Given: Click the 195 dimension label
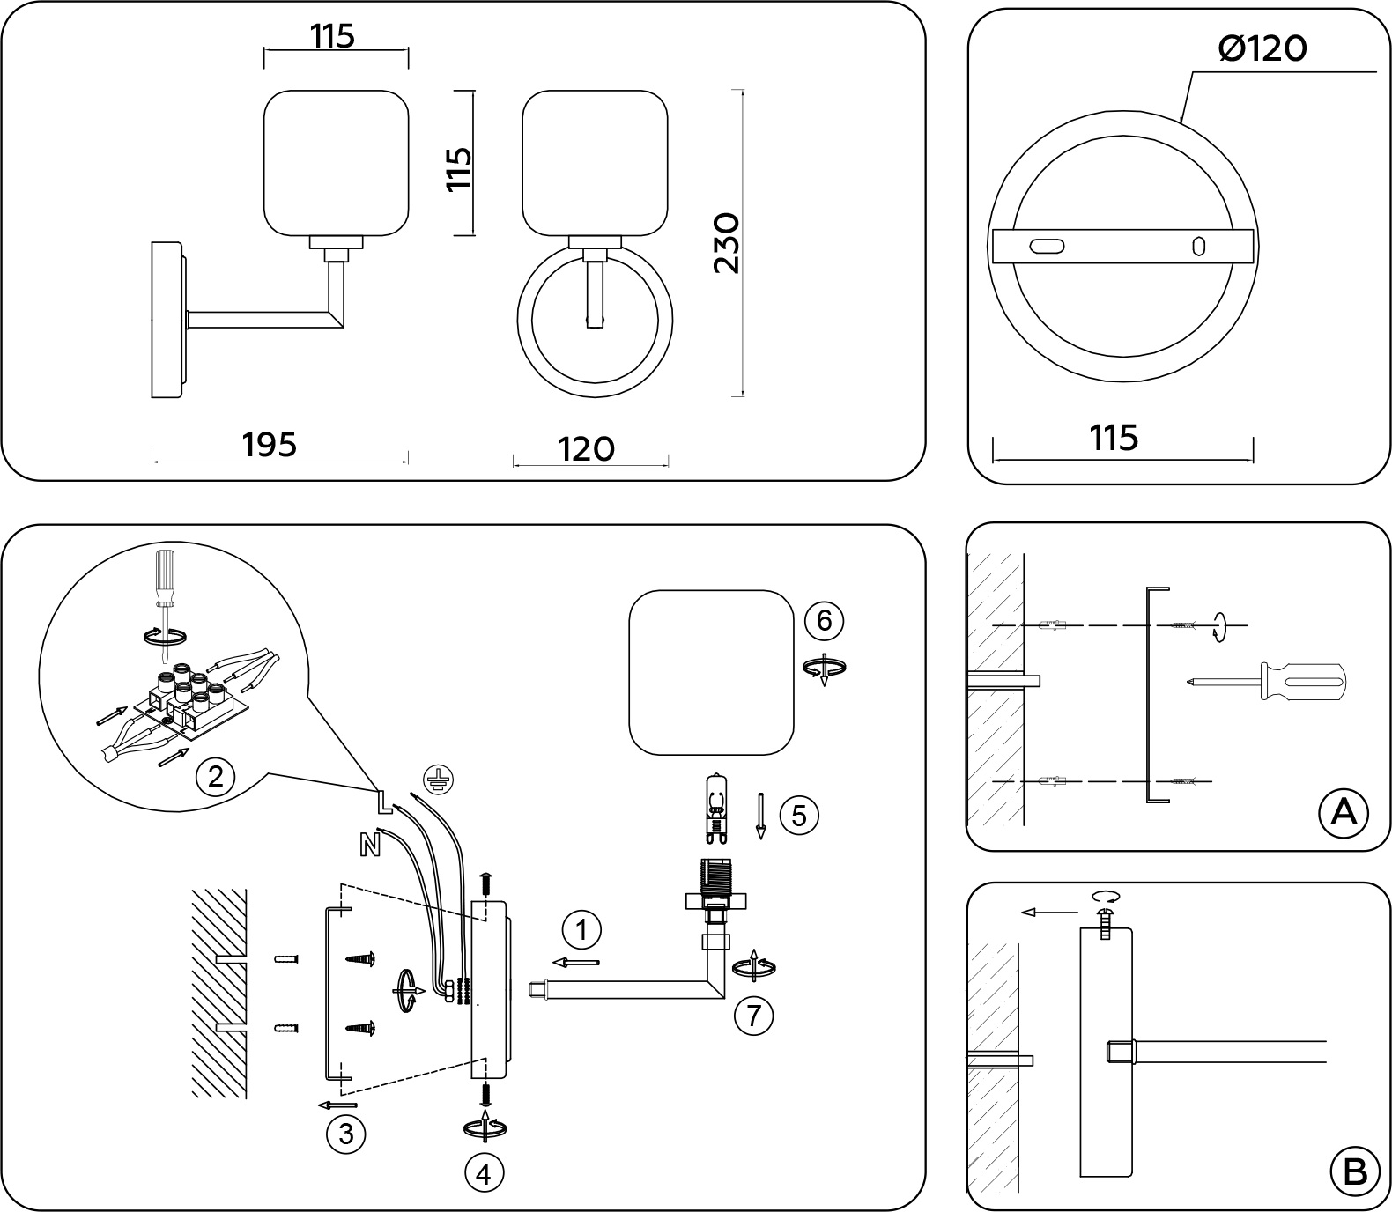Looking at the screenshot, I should click(x=270, y=445).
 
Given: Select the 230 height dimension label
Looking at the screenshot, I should click(x=728, y=242).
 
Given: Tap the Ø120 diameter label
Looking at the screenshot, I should click(x=1262, y=49).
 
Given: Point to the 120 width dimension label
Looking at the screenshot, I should click(x=586, y=449).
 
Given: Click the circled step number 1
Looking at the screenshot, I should click(x=581, y=929).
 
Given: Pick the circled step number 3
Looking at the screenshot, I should click(x=345, y=1134).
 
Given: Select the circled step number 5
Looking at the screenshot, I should click(x=798, y=815).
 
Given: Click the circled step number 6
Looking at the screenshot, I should click(x=824, y=620).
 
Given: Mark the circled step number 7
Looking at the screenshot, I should click(x=753, y=1016).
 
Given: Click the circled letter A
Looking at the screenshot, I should click(x=1343, y=812).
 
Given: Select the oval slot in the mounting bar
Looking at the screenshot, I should click(x=1048, y=246).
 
